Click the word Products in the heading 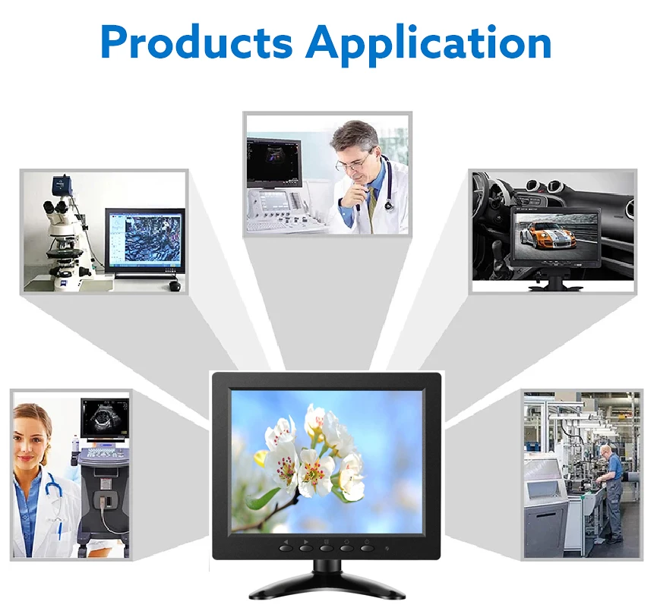pos(197,42)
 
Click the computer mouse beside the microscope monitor pos(175,285)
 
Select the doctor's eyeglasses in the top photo pos(352,163)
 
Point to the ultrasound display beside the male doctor pos(274,162)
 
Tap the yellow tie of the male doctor pos(371,204)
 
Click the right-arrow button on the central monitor pos(306,547)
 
